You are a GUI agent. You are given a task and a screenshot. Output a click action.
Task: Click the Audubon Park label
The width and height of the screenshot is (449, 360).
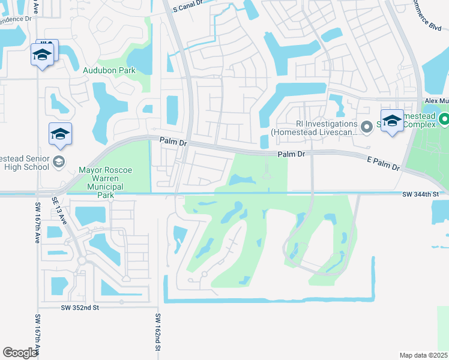(109, 70)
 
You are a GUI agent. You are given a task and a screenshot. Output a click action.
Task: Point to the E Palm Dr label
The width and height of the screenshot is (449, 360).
(383, 163)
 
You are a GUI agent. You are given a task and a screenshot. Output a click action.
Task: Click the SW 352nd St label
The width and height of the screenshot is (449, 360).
(80, 307)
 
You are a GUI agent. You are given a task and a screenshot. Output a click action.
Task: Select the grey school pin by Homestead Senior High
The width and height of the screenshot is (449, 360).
(59, 161)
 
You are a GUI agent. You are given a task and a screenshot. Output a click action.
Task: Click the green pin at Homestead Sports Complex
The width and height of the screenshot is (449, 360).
(444, 120)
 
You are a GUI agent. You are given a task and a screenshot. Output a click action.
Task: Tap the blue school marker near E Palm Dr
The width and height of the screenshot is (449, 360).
(392, 122)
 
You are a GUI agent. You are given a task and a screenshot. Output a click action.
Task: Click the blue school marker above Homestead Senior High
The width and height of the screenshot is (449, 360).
(61, 134)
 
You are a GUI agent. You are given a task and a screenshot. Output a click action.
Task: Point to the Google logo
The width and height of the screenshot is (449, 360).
(20, 353)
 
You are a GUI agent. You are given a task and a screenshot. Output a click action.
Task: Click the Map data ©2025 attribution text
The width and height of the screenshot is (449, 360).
(423, 355)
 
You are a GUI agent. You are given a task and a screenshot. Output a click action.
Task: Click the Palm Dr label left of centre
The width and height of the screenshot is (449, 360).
(173, 142)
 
